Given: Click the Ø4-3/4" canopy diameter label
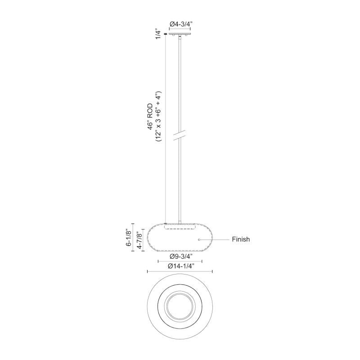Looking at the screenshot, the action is click(x=180, y=24).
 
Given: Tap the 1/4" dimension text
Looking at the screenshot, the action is click(x=158, y=34).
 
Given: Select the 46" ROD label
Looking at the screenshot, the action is click(x=150, y=117).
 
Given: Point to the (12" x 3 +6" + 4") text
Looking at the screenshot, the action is click(x=159, y=116).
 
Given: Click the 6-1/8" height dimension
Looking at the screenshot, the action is click(x=129, y=238).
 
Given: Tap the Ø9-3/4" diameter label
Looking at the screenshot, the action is click(x=180, y=256).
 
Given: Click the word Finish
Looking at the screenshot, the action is click(x=241, y=239).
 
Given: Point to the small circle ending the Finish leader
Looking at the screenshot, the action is click(x=199, y=240).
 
